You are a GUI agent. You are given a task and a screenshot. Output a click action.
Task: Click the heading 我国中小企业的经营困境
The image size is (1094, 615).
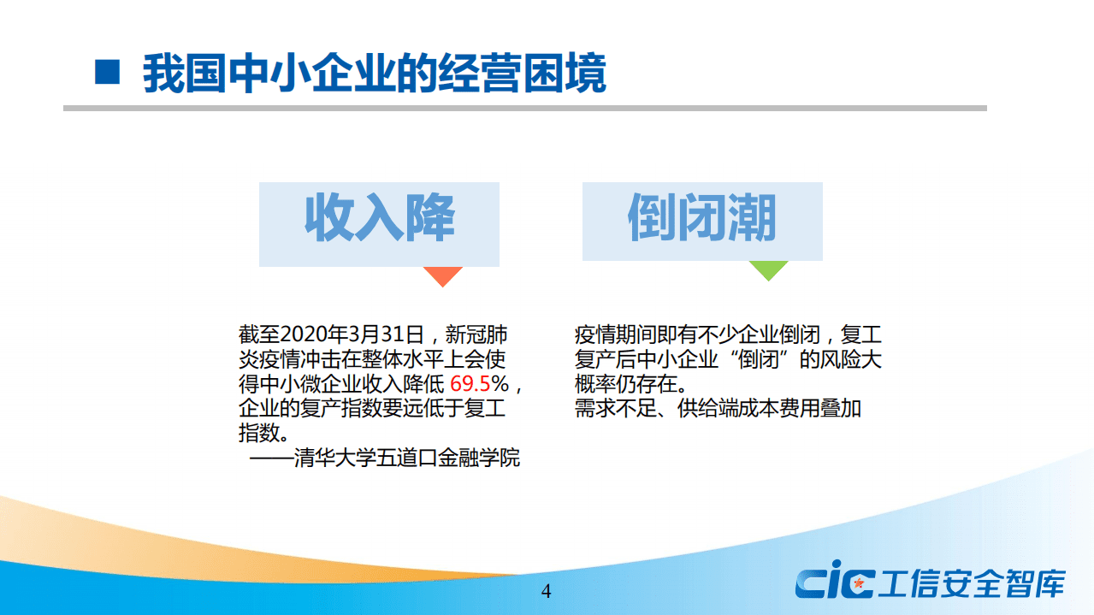[x=374, y=74]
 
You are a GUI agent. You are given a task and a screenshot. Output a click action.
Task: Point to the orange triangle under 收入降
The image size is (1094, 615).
[x=443, y=275]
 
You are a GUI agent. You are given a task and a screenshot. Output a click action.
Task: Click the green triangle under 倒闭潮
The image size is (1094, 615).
[x=768, y=269]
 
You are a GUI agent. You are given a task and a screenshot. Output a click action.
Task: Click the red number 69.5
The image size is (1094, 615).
[x=470, y=382]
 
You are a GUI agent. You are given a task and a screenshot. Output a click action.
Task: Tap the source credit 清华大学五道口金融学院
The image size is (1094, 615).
[x=406, y=458]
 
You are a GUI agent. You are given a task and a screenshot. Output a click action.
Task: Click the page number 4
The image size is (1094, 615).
[x=547, y=592]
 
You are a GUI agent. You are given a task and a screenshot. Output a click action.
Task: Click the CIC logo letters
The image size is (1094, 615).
[x=834, y=583]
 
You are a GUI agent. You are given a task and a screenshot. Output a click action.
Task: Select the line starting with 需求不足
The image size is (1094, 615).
[x=718, y=408]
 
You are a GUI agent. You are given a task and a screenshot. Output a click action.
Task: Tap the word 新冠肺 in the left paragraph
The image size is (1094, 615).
[x=488, y=333]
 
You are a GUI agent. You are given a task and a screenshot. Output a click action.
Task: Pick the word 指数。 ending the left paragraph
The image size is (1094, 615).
[x=262, y=433]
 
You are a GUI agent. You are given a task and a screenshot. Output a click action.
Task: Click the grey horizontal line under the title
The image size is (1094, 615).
[x=524, y=109]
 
